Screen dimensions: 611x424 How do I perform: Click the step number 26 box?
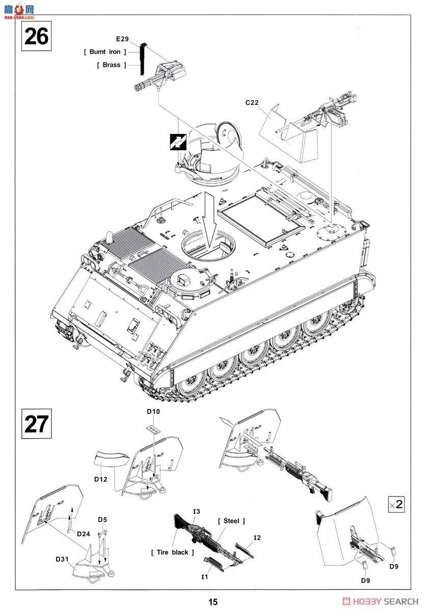coord(36,37)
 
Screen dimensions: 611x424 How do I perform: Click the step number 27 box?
coord(36,424)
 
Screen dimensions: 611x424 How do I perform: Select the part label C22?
coord(252,102)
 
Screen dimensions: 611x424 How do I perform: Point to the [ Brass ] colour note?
coord(111,65)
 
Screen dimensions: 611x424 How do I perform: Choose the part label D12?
coord(101,480)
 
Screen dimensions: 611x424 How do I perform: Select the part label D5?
coord(102,520)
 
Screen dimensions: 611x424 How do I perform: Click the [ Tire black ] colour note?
coord(173,552)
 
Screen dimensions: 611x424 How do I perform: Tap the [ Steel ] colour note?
coord(231,521)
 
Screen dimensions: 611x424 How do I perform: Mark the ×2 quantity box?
coord(396,505)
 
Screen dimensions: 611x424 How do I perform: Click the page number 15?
coord(213,602)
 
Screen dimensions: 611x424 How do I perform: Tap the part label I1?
coord(204,577)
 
